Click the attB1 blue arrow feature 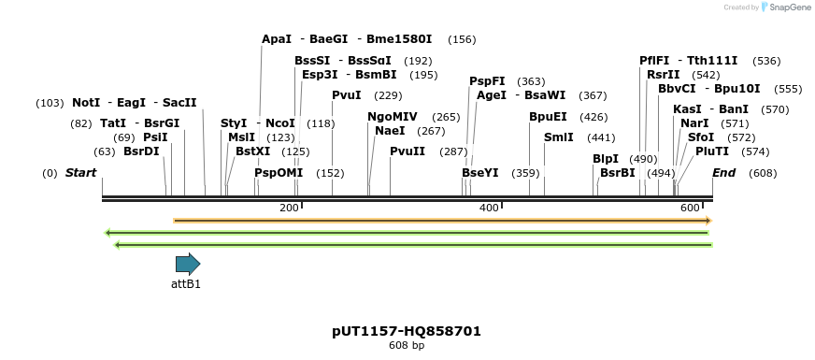tap(187, 264)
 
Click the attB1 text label tap(186, 283)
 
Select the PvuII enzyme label tap(407, 151)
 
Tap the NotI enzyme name tap(86, 102)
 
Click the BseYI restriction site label tap(480, 173)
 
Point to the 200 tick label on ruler tap(289, 208)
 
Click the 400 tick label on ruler tap(489, 208)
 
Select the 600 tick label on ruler tap(690, 208)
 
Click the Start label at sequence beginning tap(81, 173)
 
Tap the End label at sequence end tap(723, 173)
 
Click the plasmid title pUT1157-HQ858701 tap(407, 331)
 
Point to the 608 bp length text tap(407, 346)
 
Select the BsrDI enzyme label tap(142, 151)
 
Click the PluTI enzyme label tap(712, 151)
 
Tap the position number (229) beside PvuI tap(388, 95)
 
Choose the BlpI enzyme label tap(606, 159)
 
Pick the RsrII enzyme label tap(665, 75)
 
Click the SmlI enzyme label tap(559, 137)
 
